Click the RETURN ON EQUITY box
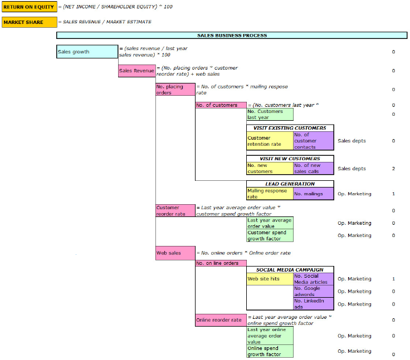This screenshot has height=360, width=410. click(28, 7)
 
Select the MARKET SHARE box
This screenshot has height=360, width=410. click(28, 22)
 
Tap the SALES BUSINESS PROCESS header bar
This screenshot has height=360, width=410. click(232, 36)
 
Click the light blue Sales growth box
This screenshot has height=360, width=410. click(87, 52)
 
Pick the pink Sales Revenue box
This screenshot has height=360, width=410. click(136, 71)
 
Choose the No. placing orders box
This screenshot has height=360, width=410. click(175, 90)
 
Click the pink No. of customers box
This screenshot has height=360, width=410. click(221, 105)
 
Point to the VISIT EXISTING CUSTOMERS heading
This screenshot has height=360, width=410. click(290, 128)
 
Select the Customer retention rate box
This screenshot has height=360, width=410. click(270, 141)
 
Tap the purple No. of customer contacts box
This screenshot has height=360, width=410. click(313, 141)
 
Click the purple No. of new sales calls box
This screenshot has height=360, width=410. click(313, 168)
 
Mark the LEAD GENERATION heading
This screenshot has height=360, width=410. click(290, 184)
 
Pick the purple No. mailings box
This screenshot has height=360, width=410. click(313, 194)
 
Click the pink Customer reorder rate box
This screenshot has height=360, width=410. click(175, 211)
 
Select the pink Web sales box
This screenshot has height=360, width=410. click(175, 253)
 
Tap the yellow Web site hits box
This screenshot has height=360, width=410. click(270, 279)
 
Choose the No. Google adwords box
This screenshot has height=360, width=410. click(313, 291)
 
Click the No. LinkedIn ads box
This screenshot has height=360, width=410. click(313, 304)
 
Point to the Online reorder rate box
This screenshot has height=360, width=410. click(221, 320)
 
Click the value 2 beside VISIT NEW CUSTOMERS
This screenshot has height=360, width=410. click(393, 169)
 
